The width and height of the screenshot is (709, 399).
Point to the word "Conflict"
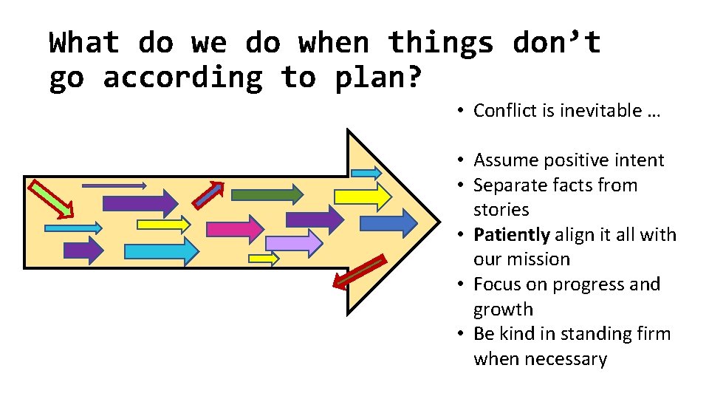coord(504,111)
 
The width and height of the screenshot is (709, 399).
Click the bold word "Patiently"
coord(511,235)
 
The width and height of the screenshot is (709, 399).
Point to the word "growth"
coord(503,310)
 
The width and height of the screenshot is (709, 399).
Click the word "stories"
coord(501,210)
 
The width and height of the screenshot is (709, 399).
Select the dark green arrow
coord(267,194)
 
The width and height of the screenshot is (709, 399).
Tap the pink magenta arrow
coord(234,228)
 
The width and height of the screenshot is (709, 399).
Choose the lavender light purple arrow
coord(294,242)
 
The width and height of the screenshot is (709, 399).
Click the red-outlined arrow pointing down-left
coord(358,272)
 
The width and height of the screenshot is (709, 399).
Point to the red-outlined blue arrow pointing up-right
coord(208,193)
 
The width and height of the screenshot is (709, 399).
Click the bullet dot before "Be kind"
coord(459,334)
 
